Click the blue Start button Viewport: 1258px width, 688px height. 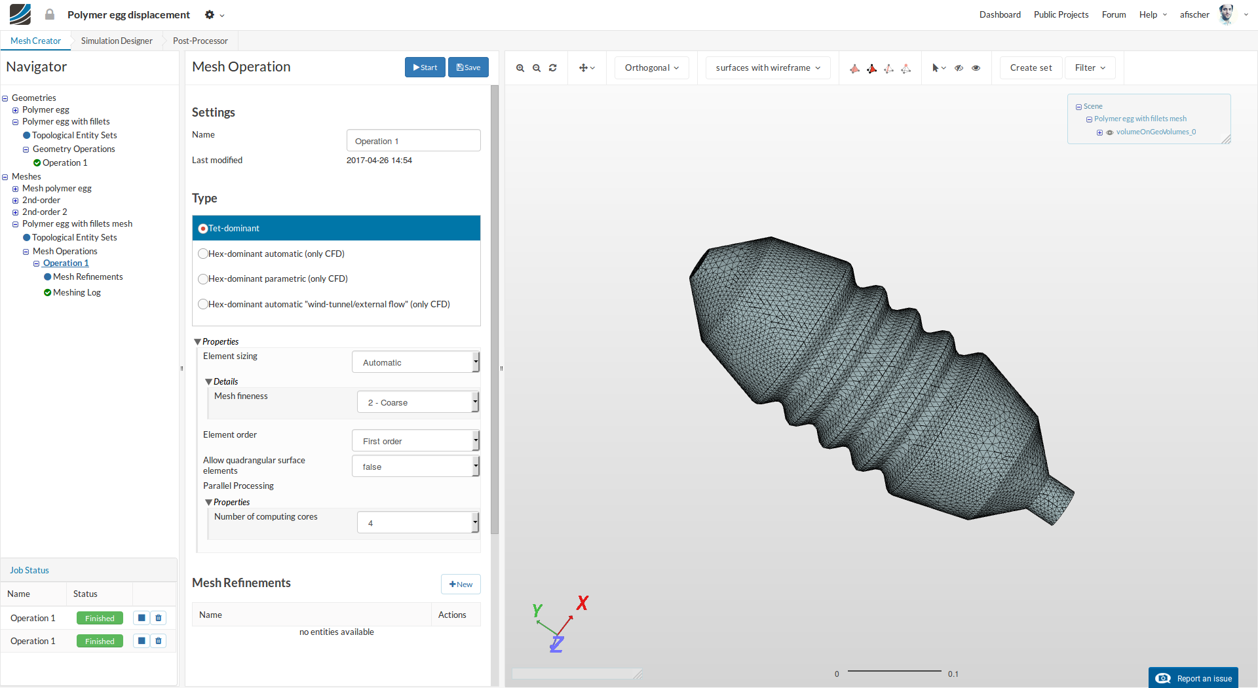(x=425, y=67)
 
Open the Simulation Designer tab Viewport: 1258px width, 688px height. (x=117, y=41)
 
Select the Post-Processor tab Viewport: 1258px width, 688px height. (x=200, y=41)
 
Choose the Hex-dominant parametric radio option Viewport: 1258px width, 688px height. (x=203, y=279)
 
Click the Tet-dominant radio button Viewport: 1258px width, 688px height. (x=203, y=229)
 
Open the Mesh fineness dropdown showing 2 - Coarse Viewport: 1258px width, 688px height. (x=417, y=402)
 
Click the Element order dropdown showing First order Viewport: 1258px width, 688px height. (x=415, y=441)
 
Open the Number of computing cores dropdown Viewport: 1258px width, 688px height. (x=417, y=523)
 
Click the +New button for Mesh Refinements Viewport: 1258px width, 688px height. (x=461, y=584)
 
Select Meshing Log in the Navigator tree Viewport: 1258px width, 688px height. (x=77, y=293)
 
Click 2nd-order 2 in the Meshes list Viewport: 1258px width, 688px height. (x=45, y=212)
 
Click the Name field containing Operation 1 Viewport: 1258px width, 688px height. (x=413, y=141)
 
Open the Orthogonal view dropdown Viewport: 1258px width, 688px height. (x=651, y=67)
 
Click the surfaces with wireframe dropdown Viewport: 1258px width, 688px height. (x=767, y=67)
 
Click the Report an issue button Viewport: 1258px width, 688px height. (x=1193, y=678)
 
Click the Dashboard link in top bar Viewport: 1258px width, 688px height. (x=999, y=14)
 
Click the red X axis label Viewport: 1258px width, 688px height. (x=582, y=603)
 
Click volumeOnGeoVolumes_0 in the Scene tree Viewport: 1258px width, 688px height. (x=1155, y=132)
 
